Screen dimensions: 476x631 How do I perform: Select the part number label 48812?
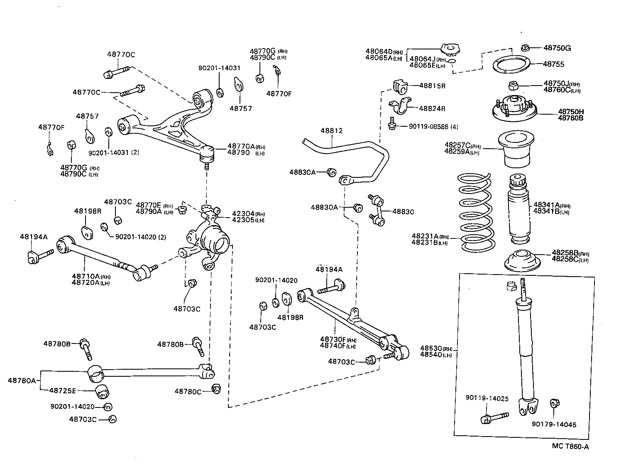click(331, 131)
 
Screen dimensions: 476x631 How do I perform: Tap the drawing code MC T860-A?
click(570, 447)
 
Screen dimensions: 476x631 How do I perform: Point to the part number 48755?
click(554, 64)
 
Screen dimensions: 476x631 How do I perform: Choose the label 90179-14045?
click(554, 424)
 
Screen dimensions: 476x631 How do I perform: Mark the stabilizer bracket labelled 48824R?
click(399, 107)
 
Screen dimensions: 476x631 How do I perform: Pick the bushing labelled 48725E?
click(102, 391)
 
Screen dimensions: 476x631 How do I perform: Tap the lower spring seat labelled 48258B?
click(522, 261)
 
